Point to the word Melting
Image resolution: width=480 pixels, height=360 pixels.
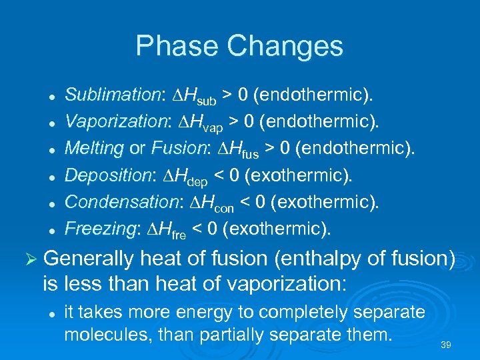coord(94,149)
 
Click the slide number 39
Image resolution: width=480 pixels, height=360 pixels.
coord(447,345)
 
